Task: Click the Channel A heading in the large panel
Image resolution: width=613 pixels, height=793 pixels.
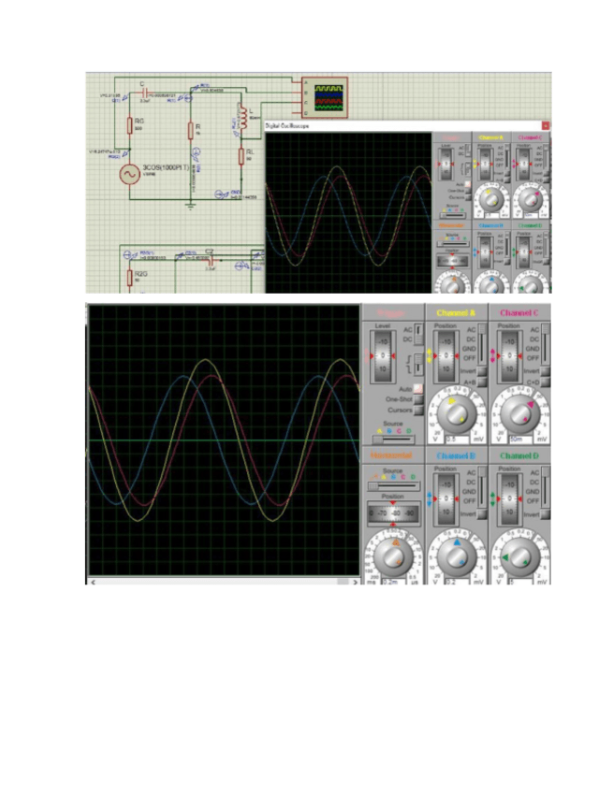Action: (x=457, y=311)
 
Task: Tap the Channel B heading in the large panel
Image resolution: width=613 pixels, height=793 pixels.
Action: (x=457, y=455)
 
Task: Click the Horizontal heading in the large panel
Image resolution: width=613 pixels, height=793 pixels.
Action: (x=392, y=455)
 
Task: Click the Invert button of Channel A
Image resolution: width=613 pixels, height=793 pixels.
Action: (x=479, y=371)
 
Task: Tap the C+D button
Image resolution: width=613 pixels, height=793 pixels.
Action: (x=544, y=382)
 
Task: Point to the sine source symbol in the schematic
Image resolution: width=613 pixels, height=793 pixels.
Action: (x=128, y=173)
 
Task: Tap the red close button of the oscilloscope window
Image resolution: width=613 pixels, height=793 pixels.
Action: (x=546, y=124)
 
